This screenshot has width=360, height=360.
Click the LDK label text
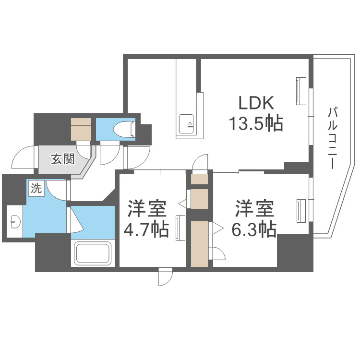[256, 103]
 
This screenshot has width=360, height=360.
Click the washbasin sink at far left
[14, 221]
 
